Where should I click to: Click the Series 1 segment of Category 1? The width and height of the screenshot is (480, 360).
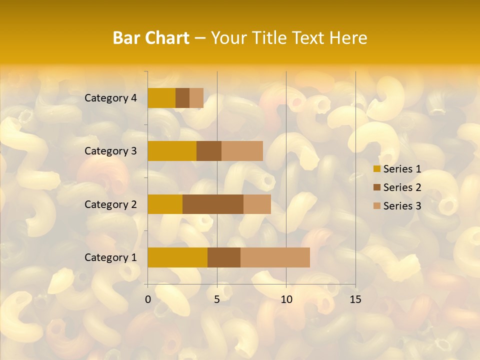point(177,257)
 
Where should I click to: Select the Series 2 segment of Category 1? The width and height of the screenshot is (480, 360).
point(224,257)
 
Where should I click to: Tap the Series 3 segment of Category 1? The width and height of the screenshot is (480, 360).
point(275,257)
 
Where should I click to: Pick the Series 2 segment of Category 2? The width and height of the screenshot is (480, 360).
point(213,204)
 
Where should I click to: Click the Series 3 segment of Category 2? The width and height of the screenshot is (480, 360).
point(257,204)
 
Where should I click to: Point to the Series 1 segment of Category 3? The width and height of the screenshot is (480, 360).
point(172,151)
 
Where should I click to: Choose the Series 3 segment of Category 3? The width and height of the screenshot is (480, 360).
point(242,151)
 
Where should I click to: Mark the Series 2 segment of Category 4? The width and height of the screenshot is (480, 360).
point(182,98)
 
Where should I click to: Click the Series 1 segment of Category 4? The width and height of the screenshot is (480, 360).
point(161,98)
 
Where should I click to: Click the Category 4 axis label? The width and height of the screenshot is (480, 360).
point(110,98)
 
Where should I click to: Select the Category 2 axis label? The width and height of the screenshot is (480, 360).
point(110,204)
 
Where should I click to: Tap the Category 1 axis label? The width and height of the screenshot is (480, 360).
point(110,257)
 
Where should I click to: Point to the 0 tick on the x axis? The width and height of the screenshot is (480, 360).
point(148,299)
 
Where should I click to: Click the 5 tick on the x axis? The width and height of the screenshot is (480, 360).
point(217,299)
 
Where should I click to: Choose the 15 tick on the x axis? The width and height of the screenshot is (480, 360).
point(355,299)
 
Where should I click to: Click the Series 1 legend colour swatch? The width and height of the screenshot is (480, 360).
point(376,169)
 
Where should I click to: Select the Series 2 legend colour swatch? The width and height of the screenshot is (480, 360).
point(376,187)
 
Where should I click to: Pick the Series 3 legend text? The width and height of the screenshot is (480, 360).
point(402,206)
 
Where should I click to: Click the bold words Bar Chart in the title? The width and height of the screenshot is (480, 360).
point(151,38)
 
